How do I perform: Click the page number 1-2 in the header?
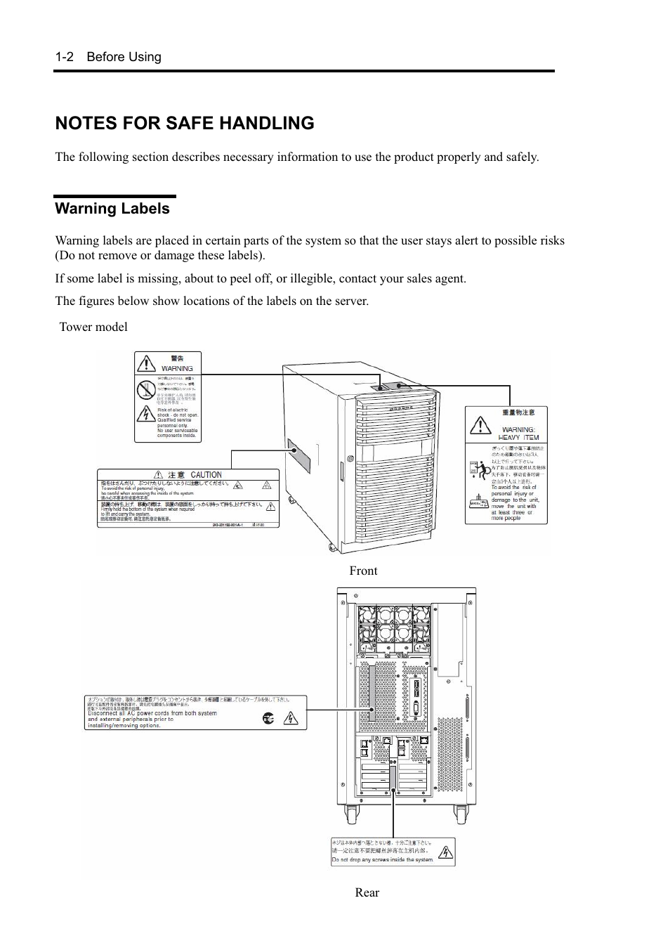tap(65, 57)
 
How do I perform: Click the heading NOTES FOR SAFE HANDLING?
tap(185, 123)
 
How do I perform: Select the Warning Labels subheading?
tap(112, 209)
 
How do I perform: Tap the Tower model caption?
tap(93, 327)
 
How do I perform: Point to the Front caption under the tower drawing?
tap(363, 571)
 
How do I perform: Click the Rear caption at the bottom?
tap(367, 892)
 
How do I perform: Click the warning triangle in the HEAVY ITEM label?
tap(480, 425)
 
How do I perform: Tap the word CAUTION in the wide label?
tap(206, 475)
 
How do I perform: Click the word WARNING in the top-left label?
tap(177, 368)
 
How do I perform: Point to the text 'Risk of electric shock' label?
tap(173, 410)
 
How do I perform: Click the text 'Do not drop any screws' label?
tap(382, 859)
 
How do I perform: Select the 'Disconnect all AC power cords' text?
tap(152, 713)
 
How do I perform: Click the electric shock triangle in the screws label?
tap(445, 852)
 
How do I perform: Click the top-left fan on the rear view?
tap(368, 616)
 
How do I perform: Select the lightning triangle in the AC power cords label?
tap(291, 719)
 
